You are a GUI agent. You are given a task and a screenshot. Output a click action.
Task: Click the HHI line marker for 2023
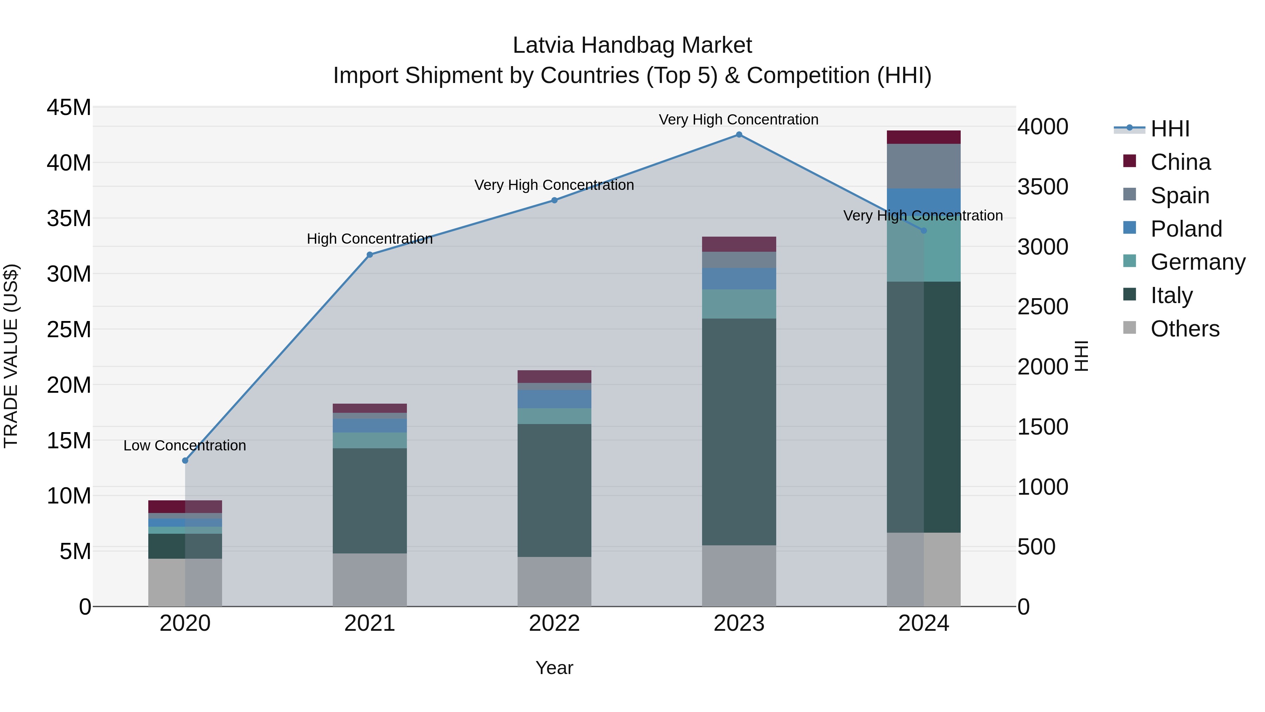click(x=739, y=135)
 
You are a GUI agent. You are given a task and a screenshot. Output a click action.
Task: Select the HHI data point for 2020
click(x=185, y=460)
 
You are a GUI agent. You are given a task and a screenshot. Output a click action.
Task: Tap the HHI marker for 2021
click(x=370, y=255)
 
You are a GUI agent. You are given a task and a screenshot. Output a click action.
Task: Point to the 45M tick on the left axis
click(x=69, y=107)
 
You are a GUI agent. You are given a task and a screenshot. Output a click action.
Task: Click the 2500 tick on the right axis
click(x=1042, y=307)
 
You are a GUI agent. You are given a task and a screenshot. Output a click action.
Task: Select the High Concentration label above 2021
click(x=370, y=239)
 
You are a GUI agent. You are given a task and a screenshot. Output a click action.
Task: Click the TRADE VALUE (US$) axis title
click(x=11, y=356)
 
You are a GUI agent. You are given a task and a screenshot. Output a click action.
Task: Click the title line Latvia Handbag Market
click(x=632, y=45)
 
